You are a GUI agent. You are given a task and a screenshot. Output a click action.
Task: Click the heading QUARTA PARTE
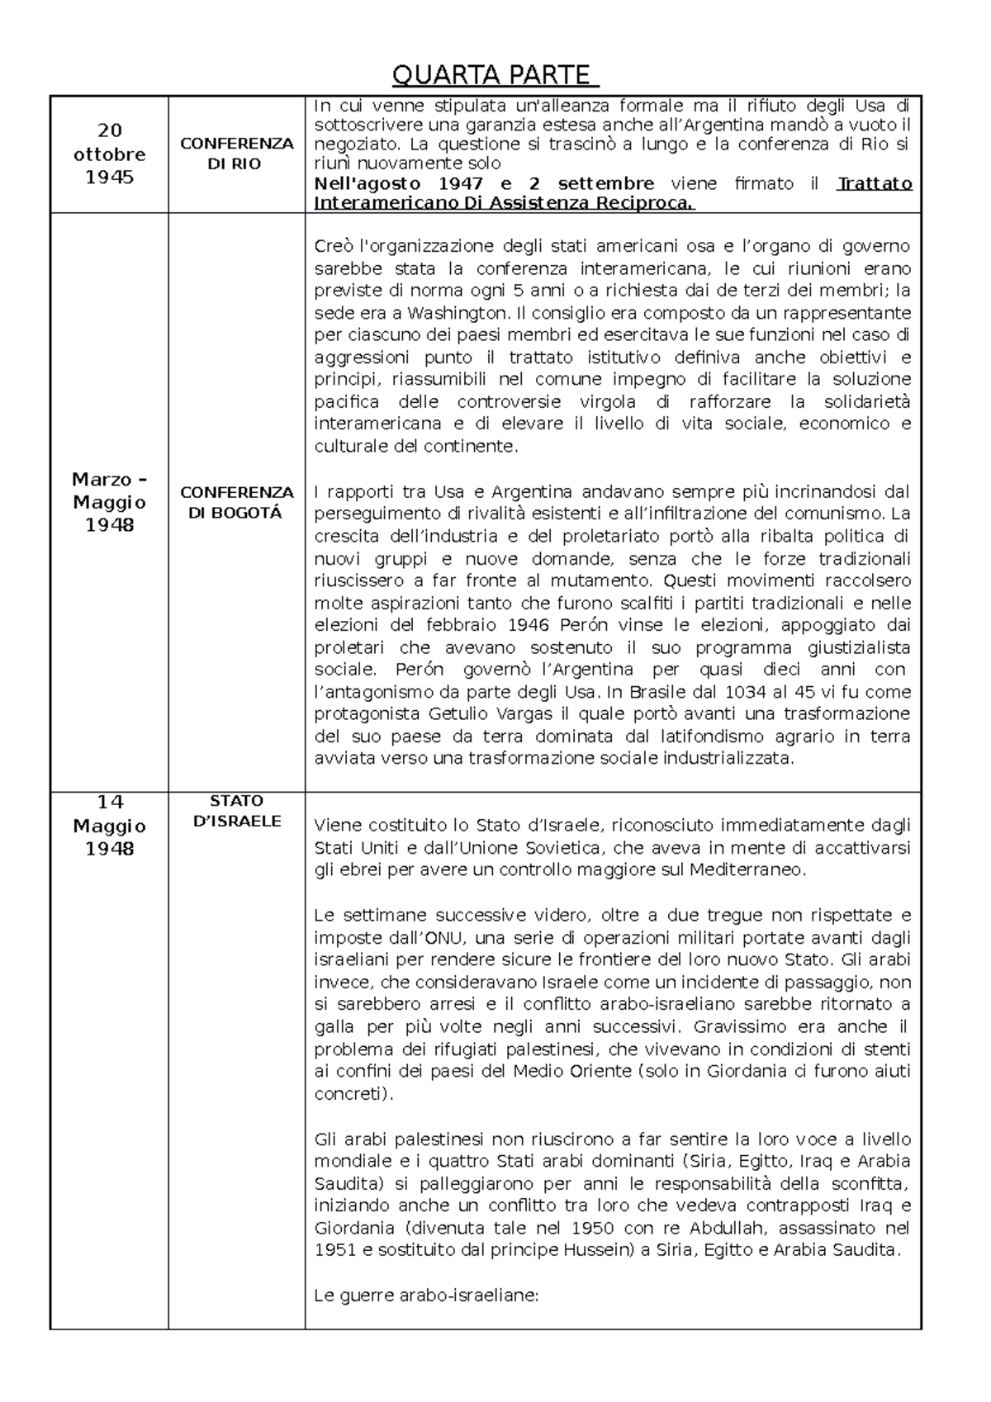(x=494, y=75)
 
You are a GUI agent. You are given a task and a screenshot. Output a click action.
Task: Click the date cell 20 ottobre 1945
(x=109, y=154)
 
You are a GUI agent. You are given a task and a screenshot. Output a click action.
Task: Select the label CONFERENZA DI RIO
(x=236, y=154)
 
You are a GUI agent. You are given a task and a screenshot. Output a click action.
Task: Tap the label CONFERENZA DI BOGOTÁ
(x=236, y=502)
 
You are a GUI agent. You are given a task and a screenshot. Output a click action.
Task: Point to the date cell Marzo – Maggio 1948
(x=109, y=502)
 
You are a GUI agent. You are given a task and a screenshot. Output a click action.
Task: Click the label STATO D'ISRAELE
(x=236, y=811)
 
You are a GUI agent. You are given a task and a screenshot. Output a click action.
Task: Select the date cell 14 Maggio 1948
(x=109, y=825)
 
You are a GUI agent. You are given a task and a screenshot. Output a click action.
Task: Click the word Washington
(x=458, y=313)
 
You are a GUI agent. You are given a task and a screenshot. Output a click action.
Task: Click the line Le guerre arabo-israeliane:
(x=426, y=1295)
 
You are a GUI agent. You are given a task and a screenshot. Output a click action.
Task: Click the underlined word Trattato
(x=875, y=183)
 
